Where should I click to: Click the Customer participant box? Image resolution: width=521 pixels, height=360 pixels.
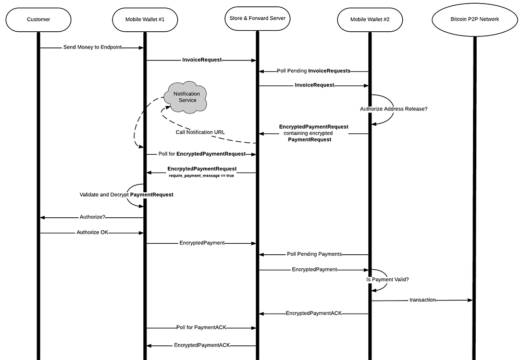[x=39, y=19]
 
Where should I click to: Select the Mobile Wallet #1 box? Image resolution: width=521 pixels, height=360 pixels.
[x=145, y=19]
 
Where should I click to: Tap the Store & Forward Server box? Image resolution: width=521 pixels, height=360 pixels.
[x=257, y=19]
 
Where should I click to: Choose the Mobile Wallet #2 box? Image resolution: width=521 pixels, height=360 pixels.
[x=369, y=19]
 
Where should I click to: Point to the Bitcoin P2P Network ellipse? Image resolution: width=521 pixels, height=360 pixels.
[x=475, y=19]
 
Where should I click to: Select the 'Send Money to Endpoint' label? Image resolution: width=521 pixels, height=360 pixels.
[x=93, y=47]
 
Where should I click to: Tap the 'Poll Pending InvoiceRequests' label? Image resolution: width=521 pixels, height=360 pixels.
[x=314, y=70]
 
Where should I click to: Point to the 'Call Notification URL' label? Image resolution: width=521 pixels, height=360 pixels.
[x=201, y=132]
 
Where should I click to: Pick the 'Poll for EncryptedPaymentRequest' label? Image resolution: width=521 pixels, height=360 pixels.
[x=202, y=154]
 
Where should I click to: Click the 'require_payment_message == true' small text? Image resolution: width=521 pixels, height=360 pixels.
[x=201, y=176]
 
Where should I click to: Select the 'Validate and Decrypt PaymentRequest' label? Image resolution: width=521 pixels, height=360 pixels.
[x=126, y=194]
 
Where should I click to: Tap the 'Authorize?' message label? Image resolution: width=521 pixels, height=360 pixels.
[x=92, y=217]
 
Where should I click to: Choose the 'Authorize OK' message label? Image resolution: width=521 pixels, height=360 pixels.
[x=92, y=232]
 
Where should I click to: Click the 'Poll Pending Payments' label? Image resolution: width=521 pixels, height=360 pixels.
[x=314, y=254]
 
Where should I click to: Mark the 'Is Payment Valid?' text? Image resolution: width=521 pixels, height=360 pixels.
[x=388, y=280]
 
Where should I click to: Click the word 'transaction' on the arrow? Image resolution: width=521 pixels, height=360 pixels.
[x=422, y=300]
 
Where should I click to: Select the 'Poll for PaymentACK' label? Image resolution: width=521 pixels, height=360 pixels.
[x=201, y=328]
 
